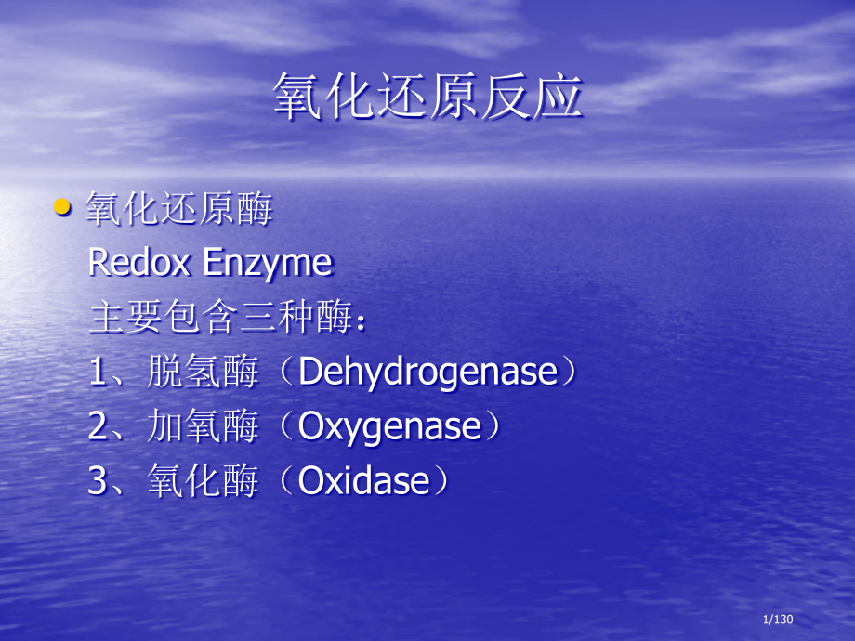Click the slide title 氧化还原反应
point(427,97)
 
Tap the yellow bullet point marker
point(62,208)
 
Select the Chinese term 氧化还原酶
point(179,210)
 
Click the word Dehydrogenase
point(427,373)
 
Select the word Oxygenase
point(389,428)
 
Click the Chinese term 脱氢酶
point(203,373)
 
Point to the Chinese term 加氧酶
point(203,428)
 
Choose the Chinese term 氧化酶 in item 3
point(203,482)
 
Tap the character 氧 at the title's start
point(297,97)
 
